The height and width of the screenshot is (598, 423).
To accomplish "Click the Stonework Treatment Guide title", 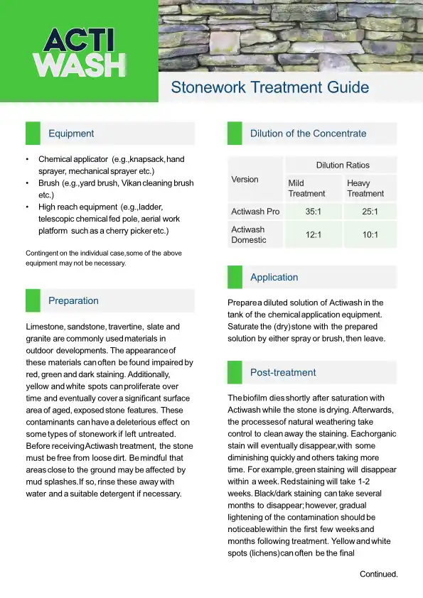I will [269, 87].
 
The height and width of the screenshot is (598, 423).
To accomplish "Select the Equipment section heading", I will [71, 134].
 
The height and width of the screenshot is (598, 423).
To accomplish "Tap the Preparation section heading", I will [73, 301].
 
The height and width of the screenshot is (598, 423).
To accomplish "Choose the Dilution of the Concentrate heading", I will [308, 134].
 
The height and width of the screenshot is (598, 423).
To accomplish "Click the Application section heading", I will [274, 278].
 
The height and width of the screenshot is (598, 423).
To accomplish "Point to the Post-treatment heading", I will [283, 373].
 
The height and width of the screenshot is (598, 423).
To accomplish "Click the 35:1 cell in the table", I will [312, 212].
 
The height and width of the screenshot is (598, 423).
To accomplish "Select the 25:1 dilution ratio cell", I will [370, 212].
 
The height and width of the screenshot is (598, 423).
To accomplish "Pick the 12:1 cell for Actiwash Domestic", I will [312, 234].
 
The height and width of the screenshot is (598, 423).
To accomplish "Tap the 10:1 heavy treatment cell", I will [370, 234].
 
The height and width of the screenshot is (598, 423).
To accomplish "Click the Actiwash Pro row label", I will [255, 212].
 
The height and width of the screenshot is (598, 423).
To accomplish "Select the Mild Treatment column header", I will [306, 188].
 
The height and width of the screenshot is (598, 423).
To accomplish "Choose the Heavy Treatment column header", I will [365, 188].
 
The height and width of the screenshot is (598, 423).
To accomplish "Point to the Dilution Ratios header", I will [343, 165].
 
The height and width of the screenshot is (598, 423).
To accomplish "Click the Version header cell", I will [245, 179].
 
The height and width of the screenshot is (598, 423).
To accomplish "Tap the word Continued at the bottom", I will [378, 574].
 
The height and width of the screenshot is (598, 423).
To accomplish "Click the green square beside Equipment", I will [33, 134].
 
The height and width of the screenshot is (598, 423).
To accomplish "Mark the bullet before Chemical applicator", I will [27, 159].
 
